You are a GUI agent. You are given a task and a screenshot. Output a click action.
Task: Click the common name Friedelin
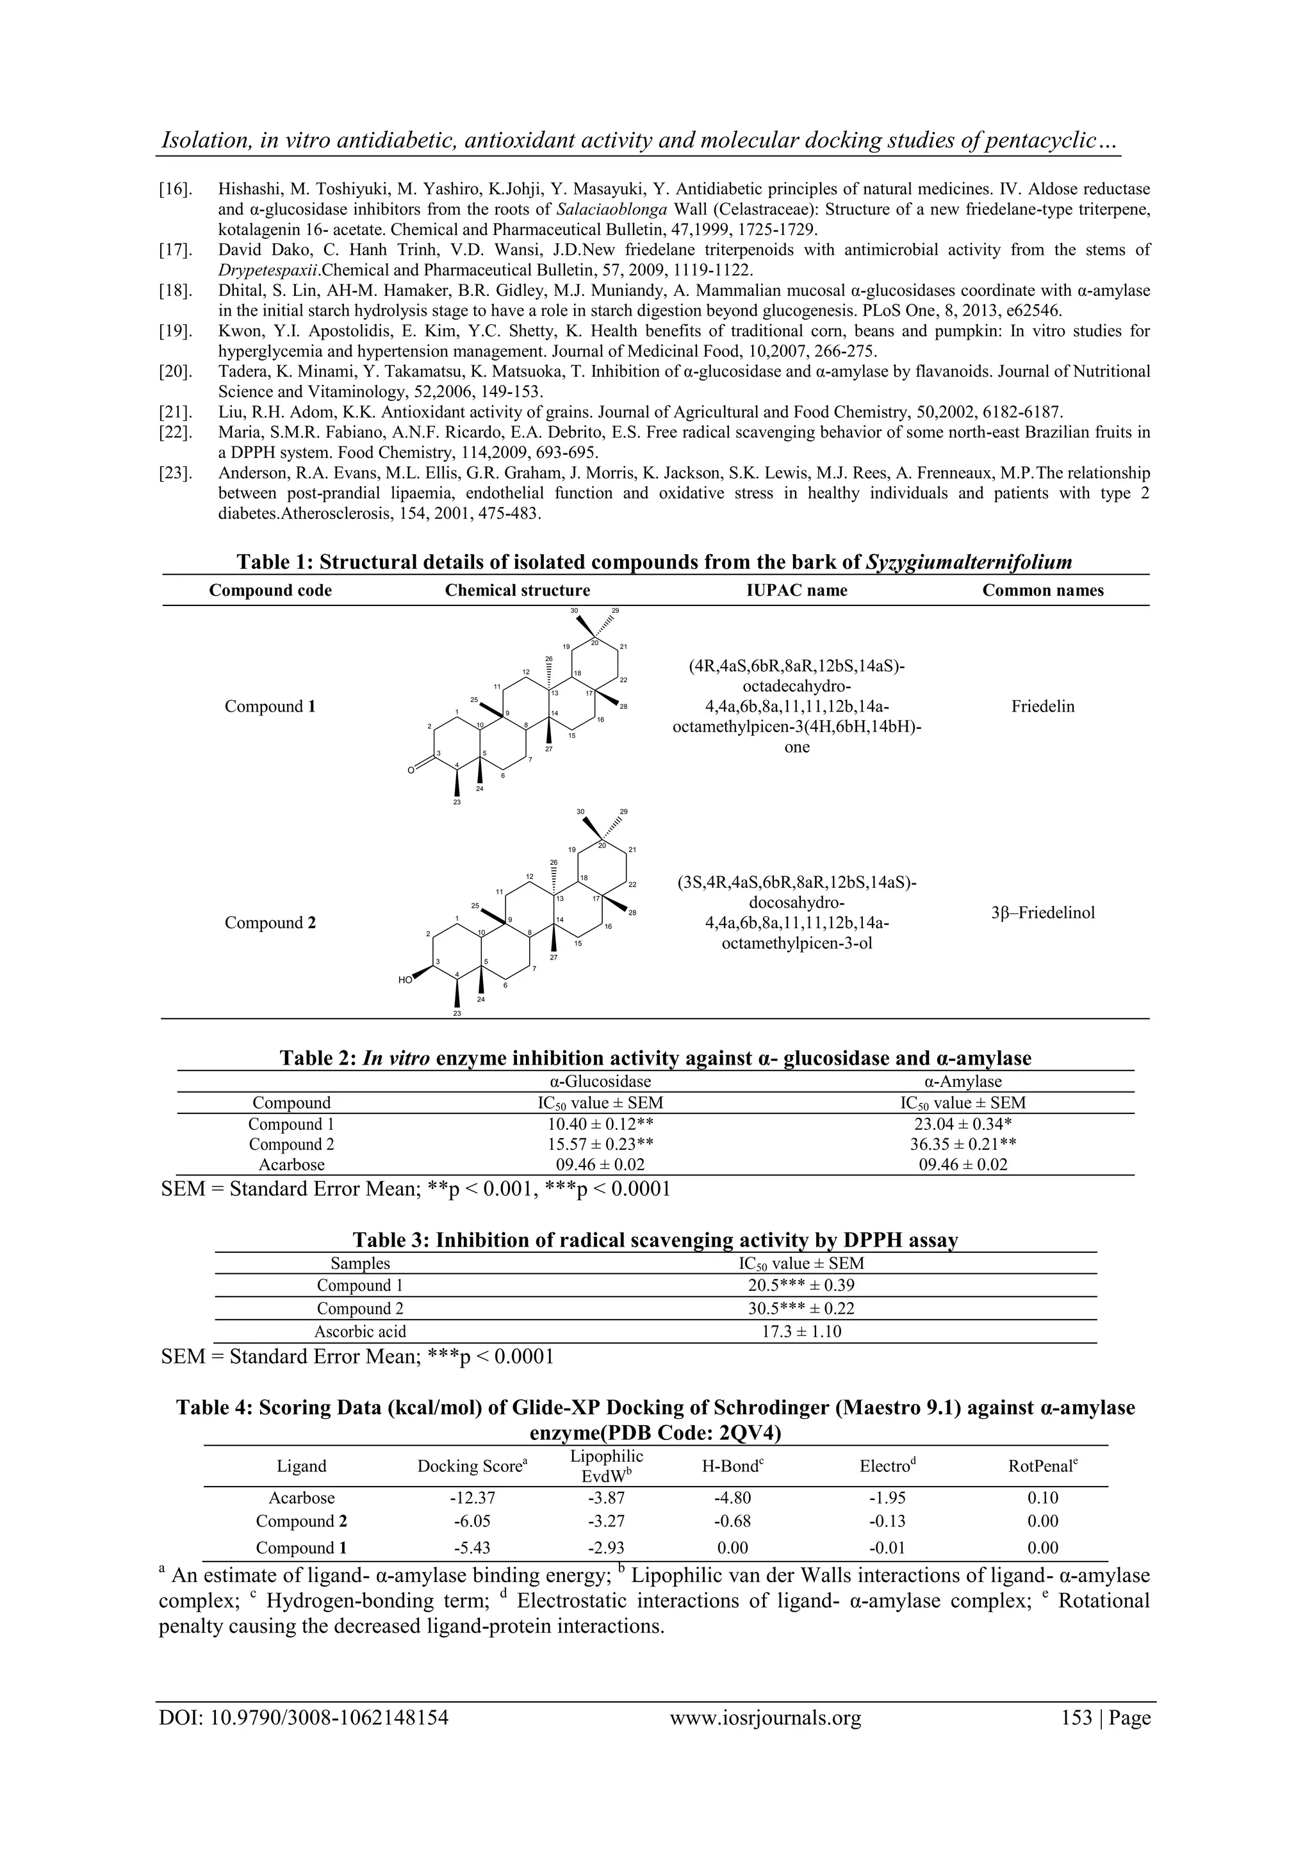pyautogui.click(x=1042, y=707)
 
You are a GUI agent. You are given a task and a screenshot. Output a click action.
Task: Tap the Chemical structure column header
pyautogui.click(x=517, y=591)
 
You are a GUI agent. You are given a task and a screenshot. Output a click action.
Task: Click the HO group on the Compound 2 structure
pyautogui.click(x=406, y=980)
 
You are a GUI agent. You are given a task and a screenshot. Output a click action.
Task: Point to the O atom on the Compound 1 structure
pyautogui.click(x=411, y=771)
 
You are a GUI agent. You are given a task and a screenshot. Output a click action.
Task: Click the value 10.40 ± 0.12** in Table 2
pyautogui.click(x=594, y=1124)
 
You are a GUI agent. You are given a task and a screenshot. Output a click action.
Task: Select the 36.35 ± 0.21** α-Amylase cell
pyautogui.click(x=962, y=1144)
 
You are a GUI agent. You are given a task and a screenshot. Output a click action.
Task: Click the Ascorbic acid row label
pyautogui.click(x=359, y=1332)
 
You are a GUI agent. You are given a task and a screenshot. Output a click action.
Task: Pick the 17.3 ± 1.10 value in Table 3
pyautogui.click(x=801, y=1332)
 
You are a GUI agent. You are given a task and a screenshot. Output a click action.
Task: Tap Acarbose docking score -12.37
pyautogui.click(x=471, y=1497)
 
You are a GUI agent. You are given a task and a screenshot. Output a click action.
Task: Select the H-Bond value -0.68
pyautogui.click(x=732, y=1521)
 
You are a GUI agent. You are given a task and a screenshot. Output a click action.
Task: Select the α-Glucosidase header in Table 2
pyautogui.click(x=594, y=1082)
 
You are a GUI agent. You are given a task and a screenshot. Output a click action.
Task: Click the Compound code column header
pyautogui.click(x=270, y=591)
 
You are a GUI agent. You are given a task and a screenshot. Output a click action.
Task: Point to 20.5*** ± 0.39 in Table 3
pyautogui.click(x=801, y=1286)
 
